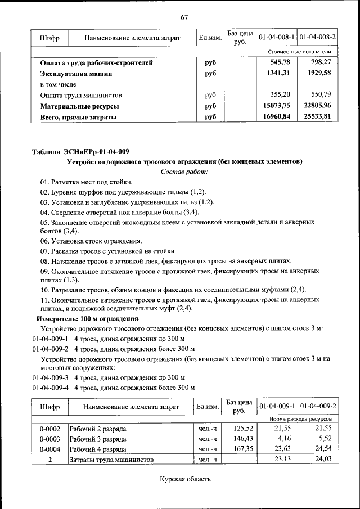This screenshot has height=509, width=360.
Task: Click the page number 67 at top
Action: [x=184, y=17]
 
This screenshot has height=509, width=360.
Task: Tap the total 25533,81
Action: [x=320, y=117]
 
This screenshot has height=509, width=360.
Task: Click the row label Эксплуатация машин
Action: [x=76, y=73]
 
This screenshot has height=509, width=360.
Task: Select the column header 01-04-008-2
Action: [x=318, y=38]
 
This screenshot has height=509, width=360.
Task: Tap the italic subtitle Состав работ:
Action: [x=184, y=171]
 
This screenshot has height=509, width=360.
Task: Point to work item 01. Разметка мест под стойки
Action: [x=86, y=182]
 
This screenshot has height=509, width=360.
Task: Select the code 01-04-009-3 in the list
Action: [x=49, y=377]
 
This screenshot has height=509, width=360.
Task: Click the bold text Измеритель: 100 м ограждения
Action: [x=87, y=318]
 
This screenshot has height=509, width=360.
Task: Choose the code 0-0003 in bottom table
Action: [x=49, y=439]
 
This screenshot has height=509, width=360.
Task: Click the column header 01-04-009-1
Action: [x=277, y=406]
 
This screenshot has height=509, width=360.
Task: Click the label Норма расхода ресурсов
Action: [x=300, y=420]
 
